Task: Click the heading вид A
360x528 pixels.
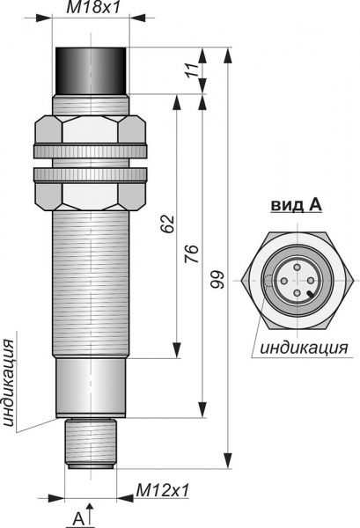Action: pos(295,205)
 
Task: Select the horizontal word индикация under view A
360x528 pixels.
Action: pos(303,347)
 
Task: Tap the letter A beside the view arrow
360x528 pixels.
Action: pos(77,517)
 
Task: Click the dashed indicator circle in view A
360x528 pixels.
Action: pos(268,280)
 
